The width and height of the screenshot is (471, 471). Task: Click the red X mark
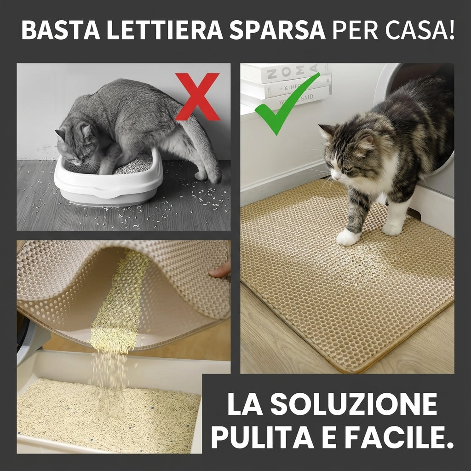click(x=197, y=97)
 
